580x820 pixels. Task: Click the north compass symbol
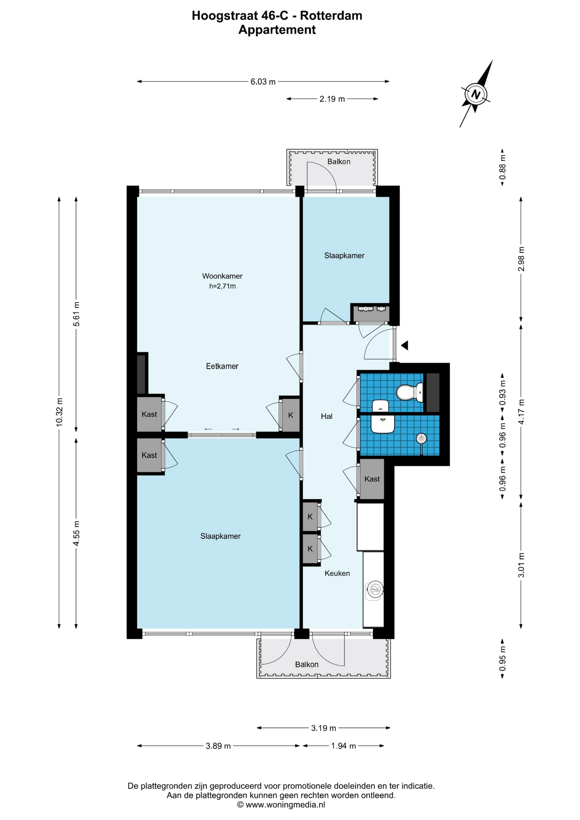[476, 94]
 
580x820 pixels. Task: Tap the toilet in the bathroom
[410, 392]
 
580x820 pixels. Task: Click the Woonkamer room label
[222, 276]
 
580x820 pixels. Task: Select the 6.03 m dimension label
[263, 82]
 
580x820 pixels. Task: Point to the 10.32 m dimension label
[59, 412]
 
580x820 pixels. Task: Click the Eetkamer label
[222, 366]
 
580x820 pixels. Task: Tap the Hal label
[327, 416]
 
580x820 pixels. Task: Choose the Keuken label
[337, 573]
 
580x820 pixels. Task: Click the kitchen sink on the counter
[375, 590]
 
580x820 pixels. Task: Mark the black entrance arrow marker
[404, 345]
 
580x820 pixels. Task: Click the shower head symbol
[421, 439]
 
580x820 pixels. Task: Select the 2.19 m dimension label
[332, 99]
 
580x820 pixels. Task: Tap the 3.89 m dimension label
[218, 746]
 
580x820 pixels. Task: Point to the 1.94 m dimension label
[343, 746]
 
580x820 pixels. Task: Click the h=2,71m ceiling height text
[222, 286]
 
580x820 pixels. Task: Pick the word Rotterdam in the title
[331, 16]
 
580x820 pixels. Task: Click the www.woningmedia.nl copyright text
[281, 805]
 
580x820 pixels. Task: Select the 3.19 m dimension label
[324, 728]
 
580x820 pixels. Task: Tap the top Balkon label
[339, 161]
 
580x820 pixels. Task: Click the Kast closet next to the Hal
[372, 479]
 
